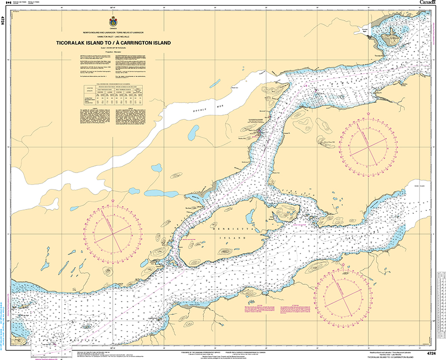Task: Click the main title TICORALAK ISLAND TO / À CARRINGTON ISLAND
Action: (113, 43)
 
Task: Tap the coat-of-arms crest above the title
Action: (113, 22)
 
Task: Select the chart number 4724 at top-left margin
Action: (3, 20)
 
